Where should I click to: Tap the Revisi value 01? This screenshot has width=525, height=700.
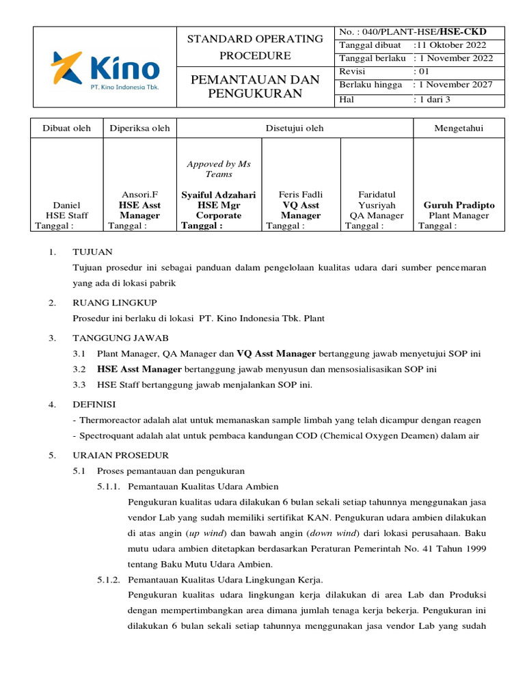pyautogui.click(x=424, y=71)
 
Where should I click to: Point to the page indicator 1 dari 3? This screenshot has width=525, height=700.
pyautogui.click(x=434, y=99)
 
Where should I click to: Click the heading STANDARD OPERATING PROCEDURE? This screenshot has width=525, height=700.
pyautogui.click(x=255, y=47)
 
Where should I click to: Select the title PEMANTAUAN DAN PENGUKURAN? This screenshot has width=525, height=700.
pyautogui.click(x=255, y=87)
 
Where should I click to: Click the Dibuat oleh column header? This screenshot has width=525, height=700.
pyautogui.click(x=66, y=128)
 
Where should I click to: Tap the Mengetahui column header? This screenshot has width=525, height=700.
pyautogui.click(x=459, y=128)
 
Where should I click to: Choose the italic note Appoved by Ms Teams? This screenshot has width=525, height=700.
pyautogui.click(x=219, y=169)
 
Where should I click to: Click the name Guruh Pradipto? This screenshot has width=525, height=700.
pyautogui.click(x=459, y=205)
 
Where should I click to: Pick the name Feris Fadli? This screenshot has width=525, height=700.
pyautogui.click(x=301, y=195)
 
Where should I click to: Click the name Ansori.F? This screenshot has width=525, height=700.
pyautogui.click(x=139, y=195)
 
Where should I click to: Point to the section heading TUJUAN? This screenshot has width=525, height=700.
pyautogui.click(x=92, y=252)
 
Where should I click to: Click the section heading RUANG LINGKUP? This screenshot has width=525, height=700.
pyautogui.click(x=115, y=302)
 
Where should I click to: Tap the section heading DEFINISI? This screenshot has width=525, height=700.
pyautogui.click(x=94, y=404)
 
